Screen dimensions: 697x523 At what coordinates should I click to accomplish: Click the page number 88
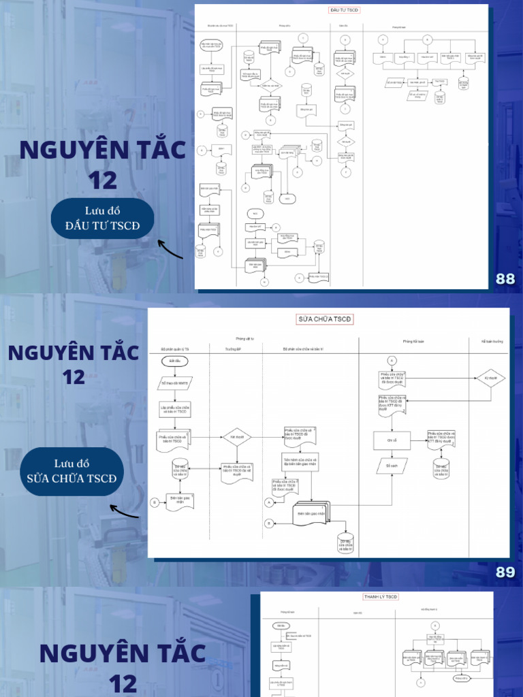coord(505,278)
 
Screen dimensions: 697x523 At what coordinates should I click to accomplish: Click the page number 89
coord(505,572)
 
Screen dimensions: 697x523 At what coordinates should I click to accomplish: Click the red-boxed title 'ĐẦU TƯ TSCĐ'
coord(344,11)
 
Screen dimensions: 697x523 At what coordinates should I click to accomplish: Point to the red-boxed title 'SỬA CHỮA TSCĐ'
coord(326,319)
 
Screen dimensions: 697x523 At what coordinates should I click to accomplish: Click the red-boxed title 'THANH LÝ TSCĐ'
coord(380,597)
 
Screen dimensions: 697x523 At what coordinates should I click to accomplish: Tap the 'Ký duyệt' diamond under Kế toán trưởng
coord(490,378)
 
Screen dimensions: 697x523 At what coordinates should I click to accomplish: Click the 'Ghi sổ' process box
coord(392,441)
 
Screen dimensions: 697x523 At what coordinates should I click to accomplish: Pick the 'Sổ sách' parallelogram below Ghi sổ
coord(391,466)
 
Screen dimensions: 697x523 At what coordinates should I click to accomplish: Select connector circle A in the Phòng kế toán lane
coord(392,359)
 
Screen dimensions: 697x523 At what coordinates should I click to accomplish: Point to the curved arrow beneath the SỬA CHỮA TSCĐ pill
coord(124,510)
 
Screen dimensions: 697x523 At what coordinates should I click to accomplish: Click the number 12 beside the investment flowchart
coord(102,180)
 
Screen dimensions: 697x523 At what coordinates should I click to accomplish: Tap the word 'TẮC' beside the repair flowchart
coord(114,353)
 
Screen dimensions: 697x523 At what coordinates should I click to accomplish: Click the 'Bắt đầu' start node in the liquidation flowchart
coord(281,625)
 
